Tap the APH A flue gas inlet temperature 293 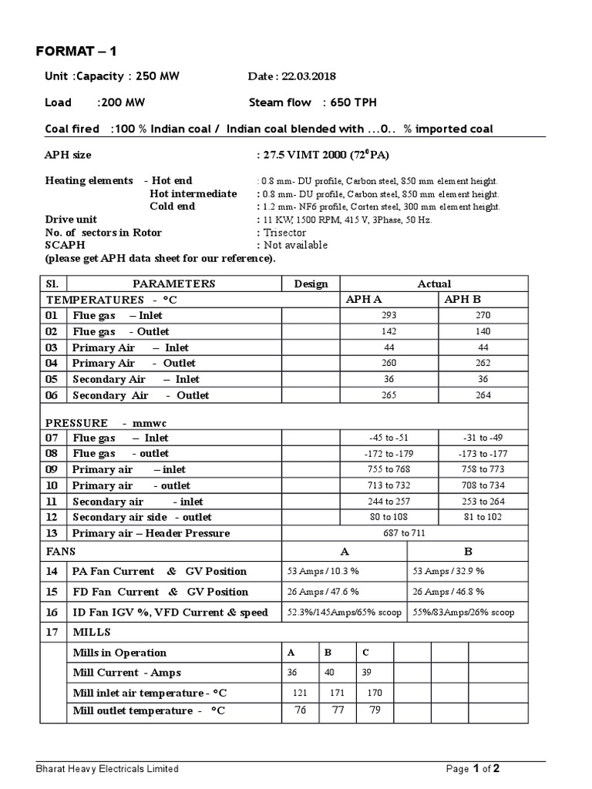pos(389,315)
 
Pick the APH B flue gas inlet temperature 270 pos(483,315)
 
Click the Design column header pos(311,284)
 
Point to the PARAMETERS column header pos(173,284)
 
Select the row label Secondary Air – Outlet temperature pos(140,395)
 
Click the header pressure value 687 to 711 pos(434,532)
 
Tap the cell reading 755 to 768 pos(389,469)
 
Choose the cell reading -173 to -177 pos(483,453)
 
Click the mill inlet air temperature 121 pos(296,693)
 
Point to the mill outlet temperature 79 pos(375,710)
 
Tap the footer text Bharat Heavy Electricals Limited pos(108,768)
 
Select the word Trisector pos(284,233)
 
